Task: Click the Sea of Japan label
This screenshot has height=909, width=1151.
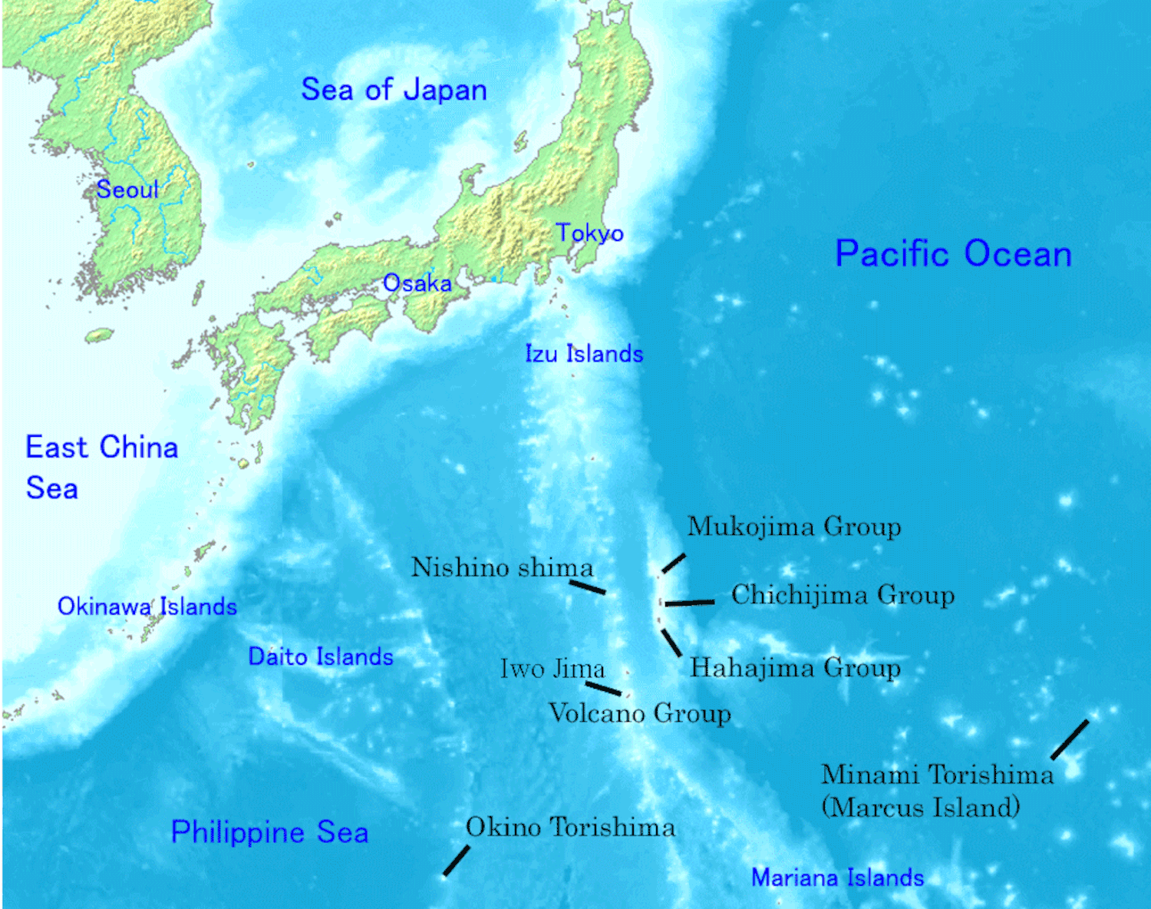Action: pos(394,90)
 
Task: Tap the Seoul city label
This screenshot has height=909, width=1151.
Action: pos(127,189)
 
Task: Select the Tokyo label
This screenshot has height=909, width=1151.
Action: pos(589,233)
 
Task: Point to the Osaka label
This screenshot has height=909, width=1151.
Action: pos(417,283)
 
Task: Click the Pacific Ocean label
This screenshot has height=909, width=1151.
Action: pos(953,253)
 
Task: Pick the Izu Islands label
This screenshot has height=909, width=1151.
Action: pos(584,354)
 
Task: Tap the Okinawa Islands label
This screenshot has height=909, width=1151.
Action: pos(147,607)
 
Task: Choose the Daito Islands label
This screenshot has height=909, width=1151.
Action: pos(321,656)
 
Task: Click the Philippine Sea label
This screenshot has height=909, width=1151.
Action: pos(269,832)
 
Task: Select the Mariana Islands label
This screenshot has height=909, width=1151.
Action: pos(837,877)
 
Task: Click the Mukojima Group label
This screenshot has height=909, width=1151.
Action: pos(794,527)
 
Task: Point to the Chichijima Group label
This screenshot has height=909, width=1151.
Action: pos(843,594)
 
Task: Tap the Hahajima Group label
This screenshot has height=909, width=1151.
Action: pos(795,667)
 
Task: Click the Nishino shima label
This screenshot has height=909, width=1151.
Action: pos(503,567)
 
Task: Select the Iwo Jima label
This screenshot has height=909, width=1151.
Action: pos(552,669)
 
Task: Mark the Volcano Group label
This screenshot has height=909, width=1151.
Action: pos(639,713)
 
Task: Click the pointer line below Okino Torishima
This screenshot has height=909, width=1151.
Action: pos(457,861)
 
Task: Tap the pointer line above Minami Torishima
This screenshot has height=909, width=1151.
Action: pos(1070,739)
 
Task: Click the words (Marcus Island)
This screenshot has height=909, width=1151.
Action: pos(920,808)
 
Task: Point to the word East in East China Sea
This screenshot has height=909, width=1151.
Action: pos(58,447)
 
